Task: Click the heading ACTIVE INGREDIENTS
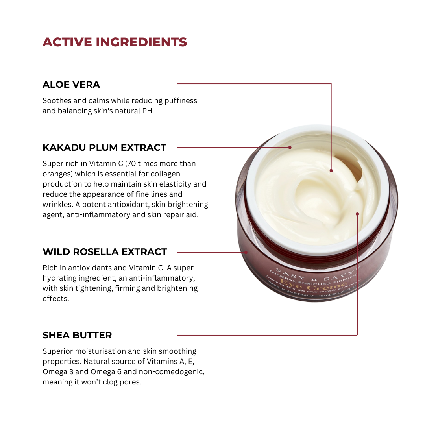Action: (x=115, y=42)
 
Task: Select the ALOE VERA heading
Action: (x=71, y=85)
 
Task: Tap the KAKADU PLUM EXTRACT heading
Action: (x=104, y=148)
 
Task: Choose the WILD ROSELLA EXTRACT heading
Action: (x=105, y=252)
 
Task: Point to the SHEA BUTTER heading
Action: (x=77, y=335)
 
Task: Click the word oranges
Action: (x=56, y=174)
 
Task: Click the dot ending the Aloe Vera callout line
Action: (x=331, y=171)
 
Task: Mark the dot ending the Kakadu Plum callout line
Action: (x=290, y=148)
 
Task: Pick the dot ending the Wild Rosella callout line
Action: (x=246, y=252)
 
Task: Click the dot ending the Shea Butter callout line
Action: (x=357, y=214)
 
